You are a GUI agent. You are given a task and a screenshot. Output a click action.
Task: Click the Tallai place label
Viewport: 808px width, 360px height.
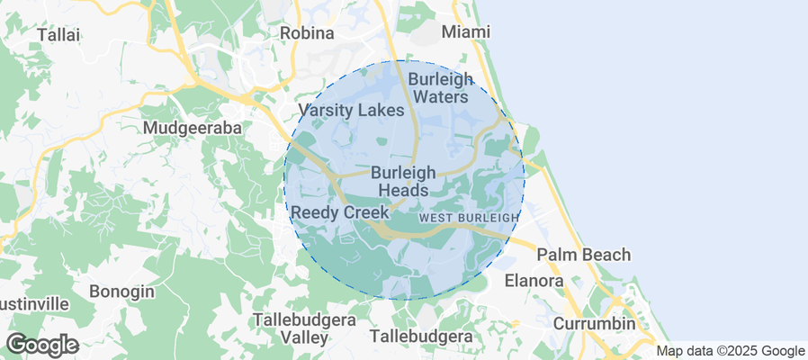58,34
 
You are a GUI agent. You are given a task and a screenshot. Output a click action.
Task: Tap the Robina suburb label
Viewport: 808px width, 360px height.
307,33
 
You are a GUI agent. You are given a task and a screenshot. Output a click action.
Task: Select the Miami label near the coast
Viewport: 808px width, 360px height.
466,32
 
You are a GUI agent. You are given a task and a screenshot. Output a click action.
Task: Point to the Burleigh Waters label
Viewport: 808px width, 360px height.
438,87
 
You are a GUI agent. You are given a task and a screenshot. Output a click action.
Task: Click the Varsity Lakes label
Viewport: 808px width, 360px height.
351,111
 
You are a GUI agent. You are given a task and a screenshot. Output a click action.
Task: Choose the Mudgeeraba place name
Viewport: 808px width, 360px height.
193,129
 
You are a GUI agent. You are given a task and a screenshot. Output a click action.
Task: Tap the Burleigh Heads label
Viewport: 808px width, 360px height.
403,181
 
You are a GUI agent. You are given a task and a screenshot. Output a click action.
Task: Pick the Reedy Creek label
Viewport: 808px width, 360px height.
339,212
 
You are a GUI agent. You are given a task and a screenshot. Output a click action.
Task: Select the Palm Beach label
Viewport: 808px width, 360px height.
584,255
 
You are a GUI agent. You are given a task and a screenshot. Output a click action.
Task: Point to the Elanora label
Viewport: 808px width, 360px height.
534,281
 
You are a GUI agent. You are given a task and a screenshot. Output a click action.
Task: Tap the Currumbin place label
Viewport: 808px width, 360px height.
594,323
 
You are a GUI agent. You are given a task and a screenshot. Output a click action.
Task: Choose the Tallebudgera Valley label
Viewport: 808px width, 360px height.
303,328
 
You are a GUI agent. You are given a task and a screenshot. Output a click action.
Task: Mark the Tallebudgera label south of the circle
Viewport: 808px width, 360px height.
421,337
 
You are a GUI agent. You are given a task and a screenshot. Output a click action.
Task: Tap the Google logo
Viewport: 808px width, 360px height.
41,345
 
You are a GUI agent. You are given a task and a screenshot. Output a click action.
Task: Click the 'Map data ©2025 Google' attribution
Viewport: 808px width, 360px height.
730,351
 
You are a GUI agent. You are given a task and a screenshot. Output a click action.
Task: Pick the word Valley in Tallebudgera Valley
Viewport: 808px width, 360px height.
303,338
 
